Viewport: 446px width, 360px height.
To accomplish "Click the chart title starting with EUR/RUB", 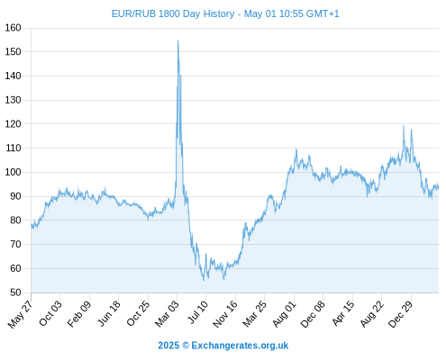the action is coord(225,13).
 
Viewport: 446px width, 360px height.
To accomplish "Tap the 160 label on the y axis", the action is coord(13,28).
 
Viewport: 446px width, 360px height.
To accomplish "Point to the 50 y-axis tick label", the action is coord(15,292).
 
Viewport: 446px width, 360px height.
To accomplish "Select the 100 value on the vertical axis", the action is coord(13,172).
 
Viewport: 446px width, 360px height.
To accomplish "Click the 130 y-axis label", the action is coord(13,100).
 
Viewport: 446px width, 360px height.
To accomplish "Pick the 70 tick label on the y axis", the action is coord(15,245).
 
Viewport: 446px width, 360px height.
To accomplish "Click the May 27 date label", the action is coord(21,314).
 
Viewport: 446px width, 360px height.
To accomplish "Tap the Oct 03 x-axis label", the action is coord(50,313).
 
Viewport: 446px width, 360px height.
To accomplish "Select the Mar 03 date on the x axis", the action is coord(167,314).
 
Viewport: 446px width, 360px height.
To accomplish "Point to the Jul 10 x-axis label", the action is coord(197,312).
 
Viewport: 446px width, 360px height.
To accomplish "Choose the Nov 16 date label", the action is coord(225,314).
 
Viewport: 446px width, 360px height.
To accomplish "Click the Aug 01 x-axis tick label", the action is coord(284,314).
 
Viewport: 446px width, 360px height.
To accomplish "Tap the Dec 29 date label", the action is coord(401,314).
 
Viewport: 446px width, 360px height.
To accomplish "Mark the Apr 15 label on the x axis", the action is coord(342,313).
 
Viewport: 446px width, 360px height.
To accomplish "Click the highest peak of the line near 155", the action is coord(177,40).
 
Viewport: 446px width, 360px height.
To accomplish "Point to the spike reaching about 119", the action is coord(404,126).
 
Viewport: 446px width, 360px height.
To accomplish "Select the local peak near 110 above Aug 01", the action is coord(296,149).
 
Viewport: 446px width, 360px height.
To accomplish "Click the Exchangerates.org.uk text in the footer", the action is coord(240,346).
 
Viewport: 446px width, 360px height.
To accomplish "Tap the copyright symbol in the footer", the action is coord(186,346).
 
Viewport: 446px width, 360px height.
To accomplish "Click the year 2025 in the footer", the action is coord(168,346).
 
